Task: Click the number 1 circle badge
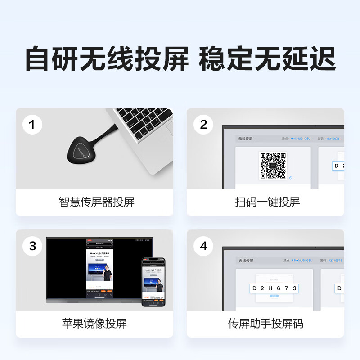pyautogui.click(x=32, y=125)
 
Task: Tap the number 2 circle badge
pyautogui.click(x=203, y=125)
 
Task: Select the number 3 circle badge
pyautogui.click(x=32, y=246)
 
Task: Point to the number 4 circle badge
pyautogui.click(x=203, y=246)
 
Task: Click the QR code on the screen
pyautogui.click(x=273, y=166)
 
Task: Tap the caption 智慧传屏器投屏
pyautogui.click(x=96, y=202)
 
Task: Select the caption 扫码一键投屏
pyautogui.click(x=267, y=202)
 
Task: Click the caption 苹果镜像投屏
pyautogui.click(x=94, y=323)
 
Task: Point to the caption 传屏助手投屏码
pyautogui.click(x=265, y=323)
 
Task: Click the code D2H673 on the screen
pyautogui.click(x=274, y=288)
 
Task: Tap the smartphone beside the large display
pyautogui.click(x=154, y=282)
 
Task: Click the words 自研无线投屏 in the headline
pyautogui.click(x=107, y=59)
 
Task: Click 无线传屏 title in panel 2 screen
pyautogui.click(x=246, y=139)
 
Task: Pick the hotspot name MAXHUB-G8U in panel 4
pyautogui.click(x=302, y=261)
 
